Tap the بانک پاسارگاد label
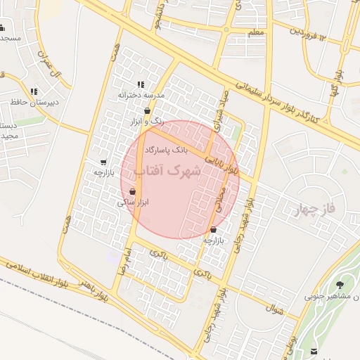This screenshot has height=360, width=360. tap(167, 150)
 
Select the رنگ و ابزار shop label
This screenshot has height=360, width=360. tap(148, 121)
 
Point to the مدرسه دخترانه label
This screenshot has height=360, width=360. tap(140, 94)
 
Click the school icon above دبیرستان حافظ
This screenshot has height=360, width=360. tap(34, 91)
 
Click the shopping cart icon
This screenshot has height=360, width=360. tap(104, 162)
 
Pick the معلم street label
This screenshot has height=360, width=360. tap(257, 33)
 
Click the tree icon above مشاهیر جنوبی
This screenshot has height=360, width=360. tap(340, 285)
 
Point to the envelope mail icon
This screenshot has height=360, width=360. tap(314, 352)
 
